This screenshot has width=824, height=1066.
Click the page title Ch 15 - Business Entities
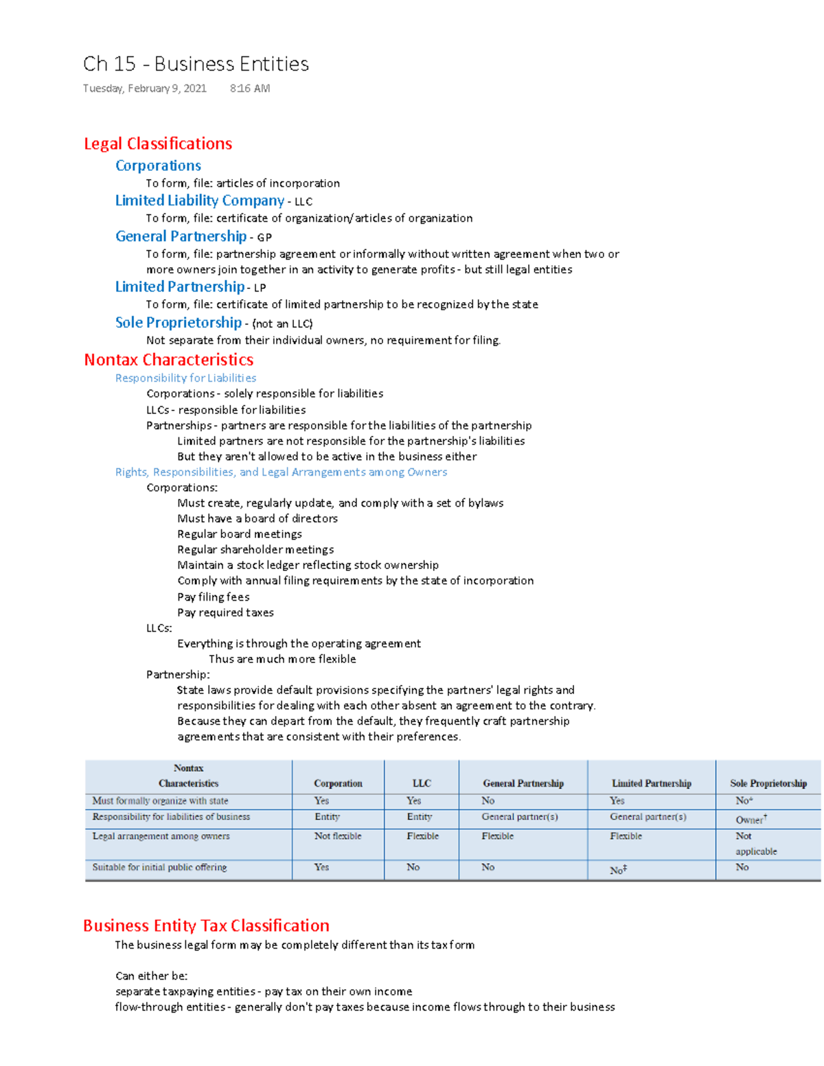pyautogui.click(x=196, y=64)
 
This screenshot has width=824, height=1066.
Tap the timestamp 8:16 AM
pyautogui.click(x=250, y=89)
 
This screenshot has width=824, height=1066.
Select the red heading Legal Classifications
pyautogui.click(x=158, y=143)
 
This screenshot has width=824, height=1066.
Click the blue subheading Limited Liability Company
pyautogui.click(x=199, y=200)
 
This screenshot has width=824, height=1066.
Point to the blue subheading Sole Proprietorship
pyautogui.click(x=179, y=323)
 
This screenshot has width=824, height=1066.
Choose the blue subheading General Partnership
pyautogui.click(x=181, y=236)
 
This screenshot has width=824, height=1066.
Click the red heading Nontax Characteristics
pyautogui.click(x=168, y=360)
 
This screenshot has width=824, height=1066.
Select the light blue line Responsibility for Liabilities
pyautogui.click(x=185, y=378)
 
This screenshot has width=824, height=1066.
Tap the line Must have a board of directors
pyautogui.click(x=257, y=519)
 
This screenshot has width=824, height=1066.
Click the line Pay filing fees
pyautogui.click(x=213, y=597)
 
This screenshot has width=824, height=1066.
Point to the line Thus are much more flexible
pyautogui.click(x=282, y=659)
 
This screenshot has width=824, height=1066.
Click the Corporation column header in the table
pyautogui.click(x=338, y=783)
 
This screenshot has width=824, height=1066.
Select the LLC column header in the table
pyautogui.click(x=422, y=783)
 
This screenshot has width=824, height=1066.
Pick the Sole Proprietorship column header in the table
pyautogui.click(x=768, y=783)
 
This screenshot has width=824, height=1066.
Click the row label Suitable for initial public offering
pyautogui.click(x=159, y=868)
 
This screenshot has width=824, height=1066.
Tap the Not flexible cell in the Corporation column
pyautogui.click(x=338, y=836)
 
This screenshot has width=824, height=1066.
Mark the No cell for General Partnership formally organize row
pyautogui.click(x=488, y=800)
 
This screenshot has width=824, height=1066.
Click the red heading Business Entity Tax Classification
pyautogui.click(x=206, y=925)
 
